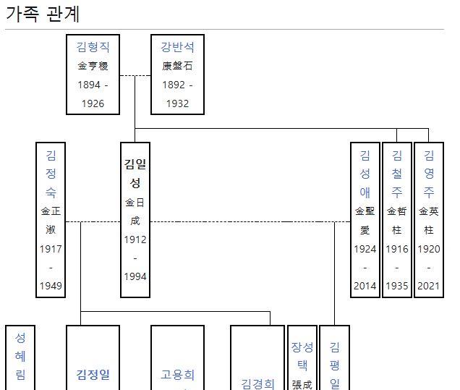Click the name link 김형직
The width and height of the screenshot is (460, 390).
[x=93, y=47]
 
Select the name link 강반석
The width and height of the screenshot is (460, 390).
[x=177, y=47]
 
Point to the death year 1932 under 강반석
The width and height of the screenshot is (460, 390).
[x=177, y=103]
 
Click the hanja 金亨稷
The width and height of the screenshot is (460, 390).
[x=93, y=66]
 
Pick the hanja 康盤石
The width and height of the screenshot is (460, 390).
[x=177, y=66]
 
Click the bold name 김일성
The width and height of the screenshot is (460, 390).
[x=135, y=173]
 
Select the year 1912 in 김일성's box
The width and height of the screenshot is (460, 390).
[x=135, y=239]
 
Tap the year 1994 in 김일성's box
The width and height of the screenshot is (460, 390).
[x=135, y=276]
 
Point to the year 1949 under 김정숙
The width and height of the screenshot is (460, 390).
[x=51, y=286]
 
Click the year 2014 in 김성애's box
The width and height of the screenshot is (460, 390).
[x=365, y=286]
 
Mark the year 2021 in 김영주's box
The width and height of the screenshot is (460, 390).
[x=429, y=286]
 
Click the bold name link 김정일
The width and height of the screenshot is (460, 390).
[x=93, y=376]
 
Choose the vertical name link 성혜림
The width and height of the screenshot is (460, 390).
[x=20, y=355]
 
